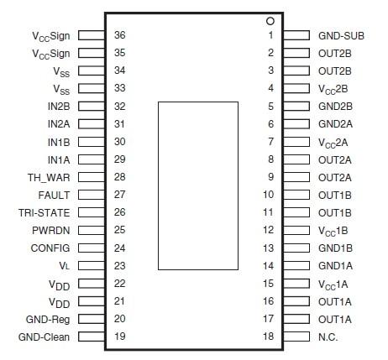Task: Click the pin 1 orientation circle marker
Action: coord(270,21)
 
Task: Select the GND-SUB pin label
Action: coord(341,36)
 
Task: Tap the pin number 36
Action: coord(120,35)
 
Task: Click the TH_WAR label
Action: coord(49,178)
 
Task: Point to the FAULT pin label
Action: coord(54,196)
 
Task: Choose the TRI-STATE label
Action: coord(45,213)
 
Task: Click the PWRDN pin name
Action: coord(51,231)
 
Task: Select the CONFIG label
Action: coord(50,248)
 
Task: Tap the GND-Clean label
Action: coord(44,337)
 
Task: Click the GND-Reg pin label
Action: coord(48,320)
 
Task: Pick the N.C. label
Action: coord(328,337)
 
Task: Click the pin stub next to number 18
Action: coord(296,337)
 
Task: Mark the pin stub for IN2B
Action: coord(92,107)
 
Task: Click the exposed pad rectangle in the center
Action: coord(198,185)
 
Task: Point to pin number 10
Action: coord(268,195)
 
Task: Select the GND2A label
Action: coord(335,124)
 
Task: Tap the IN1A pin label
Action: coord(59,160)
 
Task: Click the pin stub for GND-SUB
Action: coord(296,35)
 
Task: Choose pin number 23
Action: coord(120,266)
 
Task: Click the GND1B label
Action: coord(335,248)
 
